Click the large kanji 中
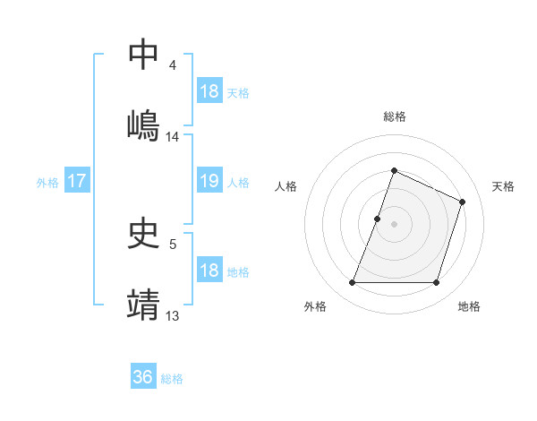click(144, 55)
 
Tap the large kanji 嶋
click(144, 125)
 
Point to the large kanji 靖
click(144, 305)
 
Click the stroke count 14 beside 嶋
click(173, 137)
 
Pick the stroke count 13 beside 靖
click(173, 315)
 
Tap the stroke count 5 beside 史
click(173, 243)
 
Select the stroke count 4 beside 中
click(173, 65)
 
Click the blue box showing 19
click(209, 181)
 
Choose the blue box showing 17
click(76, 181)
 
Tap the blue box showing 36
click(143, 377)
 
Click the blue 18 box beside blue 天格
click(209, 91)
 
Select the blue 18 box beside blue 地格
click(209, 271)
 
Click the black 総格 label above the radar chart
click(395, 116)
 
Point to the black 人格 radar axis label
click(286, 186)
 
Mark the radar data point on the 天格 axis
click(463, 202)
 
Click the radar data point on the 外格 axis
click(352, 283)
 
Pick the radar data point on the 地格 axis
click(437, 283)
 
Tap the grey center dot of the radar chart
click(395, 224)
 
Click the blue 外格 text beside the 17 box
click(47, 182)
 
